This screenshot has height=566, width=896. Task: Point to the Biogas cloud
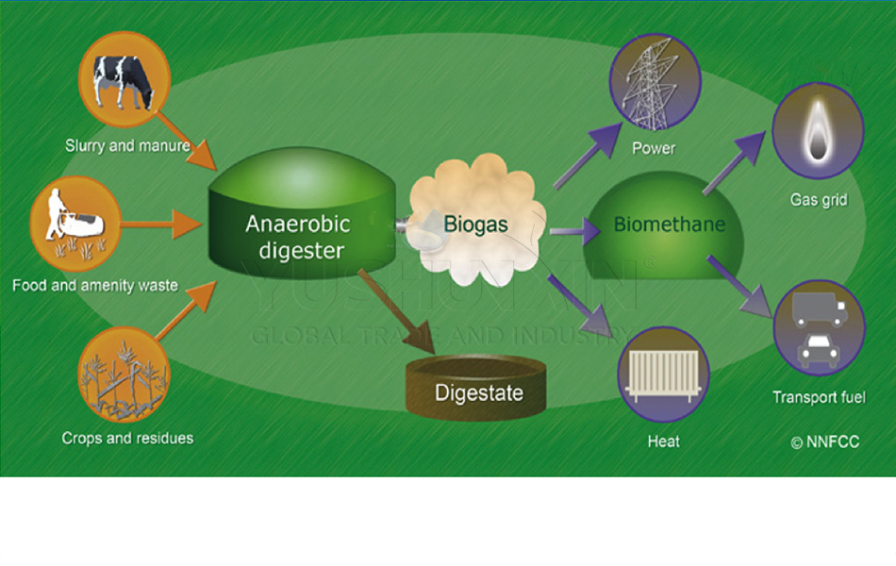(476, 224)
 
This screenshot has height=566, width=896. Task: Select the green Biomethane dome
(670, 226)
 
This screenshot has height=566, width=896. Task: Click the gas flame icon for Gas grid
(818, 132)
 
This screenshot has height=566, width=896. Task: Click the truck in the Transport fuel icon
(819, 308)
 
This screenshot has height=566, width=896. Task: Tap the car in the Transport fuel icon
(818, 350)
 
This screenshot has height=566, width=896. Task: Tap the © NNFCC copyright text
(825, 441)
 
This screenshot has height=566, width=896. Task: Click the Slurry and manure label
(127, 146)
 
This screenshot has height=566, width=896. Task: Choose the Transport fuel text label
(819, 397)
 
